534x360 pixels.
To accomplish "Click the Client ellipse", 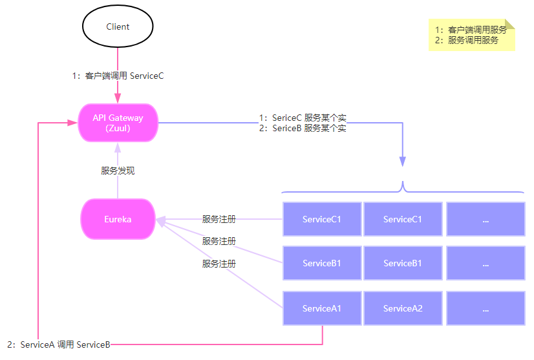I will pos(118,27).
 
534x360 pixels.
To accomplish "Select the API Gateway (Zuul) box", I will pos(118,123).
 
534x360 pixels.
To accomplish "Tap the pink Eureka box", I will pos(118,219).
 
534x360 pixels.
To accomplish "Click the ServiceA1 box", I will pos(322,308).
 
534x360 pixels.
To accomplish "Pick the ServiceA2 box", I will pos(403,308).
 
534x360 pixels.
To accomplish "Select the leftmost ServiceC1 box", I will pos(322,219).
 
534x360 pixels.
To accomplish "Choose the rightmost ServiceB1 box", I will pos(403,263).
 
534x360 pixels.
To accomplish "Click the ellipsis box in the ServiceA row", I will pos(485,308).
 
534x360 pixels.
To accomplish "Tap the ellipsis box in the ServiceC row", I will pos(485,219).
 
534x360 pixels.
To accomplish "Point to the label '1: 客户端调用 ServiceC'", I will pos(118,76).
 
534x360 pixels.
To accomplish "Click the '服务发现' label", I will pos(118,171).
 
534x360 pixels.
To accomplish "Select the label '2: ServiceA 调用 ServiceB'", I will pos(59,344).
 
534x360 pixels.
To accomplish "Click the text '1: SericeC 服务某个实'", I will pos(303,118).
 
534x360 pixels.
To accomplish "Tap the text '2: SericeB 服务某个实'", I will pos(303,128).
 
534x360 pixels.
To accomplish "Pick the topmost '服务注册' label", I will pos(219,219).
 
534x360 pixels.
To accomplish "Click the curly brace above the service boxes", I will pos(403,188).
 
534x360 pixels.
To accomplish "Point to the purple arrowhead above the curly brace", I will pos(403,162).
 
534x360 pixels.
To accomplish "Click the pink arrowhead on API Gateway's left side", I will pos(72,122).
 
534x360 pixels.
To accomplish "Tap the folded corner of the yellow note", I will pos(510,24).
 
